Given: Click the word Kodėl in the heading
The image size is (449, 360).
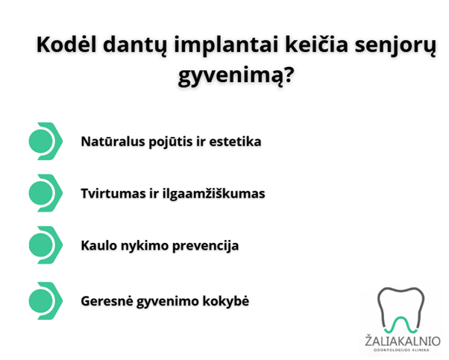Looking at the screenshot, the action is [66, 45].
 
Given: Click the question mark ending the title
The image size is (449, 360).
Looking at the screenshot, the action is [288, 74].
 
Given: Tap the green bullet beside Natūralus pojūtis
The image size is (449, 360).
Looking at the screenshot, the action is [45, 141].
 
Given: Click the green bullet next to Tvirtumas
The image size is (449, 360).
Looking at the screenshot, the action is [45, 193].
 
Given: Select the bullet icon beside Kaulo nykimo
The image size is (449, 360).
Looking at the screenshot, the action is [45, 245].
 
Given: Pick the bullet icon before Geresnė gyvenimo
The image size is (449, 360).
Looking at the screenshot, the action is [45, 301].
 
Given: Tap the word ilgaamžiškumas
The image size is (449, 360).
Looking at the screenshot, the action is [213, 194].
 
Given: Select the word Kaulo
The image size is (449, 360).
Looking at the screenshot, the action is [99, 245].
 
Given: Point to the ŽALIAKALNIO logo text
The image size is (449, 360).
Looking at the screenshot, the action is [402, 341].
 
